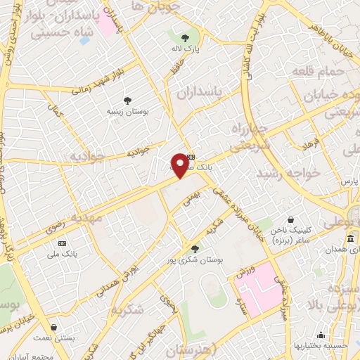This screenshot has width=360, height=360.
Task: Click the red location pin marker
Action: click(180, 165)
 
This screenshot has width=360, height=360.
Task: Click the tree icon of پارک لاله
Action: click(186, 38)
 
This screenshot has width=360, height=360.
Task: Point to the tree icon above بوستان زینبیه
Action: click(127, 101)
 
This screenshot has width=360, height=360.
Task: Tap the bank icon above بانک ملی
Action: click(63, 243)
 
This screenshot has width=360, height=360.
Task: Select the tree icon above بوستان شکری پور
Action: click(195, 248)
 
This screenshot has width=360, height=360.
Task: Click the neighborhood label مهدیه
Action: click(91, 219)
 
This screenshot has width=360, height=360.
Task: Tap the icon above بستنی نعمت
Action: click(54, 328)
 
